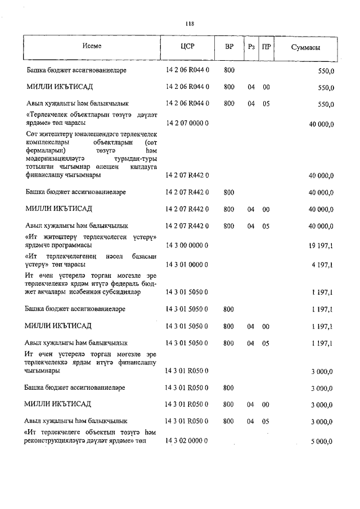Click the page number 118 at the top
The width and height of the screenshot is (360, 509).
190,24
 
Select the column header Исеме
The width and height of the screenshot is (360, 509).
92,47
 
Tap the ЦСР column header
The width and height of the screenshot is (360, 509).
188,47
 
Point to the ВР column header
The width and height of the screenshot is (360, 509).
229,47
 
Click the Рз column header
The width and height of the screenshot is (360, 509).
251,47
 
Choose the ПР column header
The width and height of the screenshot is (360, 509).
265,47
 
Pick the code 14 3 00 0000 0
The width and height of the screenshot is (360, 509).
187,246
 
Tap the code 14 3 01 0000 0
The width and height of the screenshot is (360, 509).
187,264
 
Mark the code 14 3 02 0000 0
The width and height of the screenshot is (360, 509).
187,440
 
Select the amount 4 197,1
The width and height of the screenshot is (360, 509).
323,264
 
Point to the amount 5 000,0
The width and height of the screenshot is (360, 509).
322,441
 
